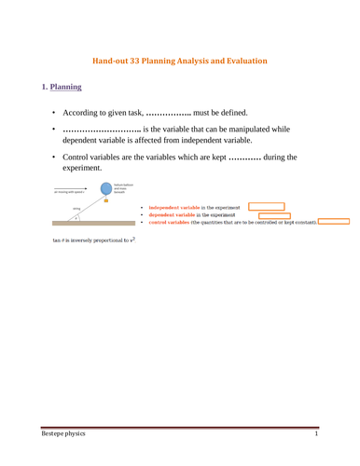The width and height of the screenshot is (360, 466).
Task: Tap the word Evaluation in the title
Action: (242, 62)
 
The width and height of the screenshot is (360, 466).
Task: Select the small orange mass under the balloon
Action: (106, 199)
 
